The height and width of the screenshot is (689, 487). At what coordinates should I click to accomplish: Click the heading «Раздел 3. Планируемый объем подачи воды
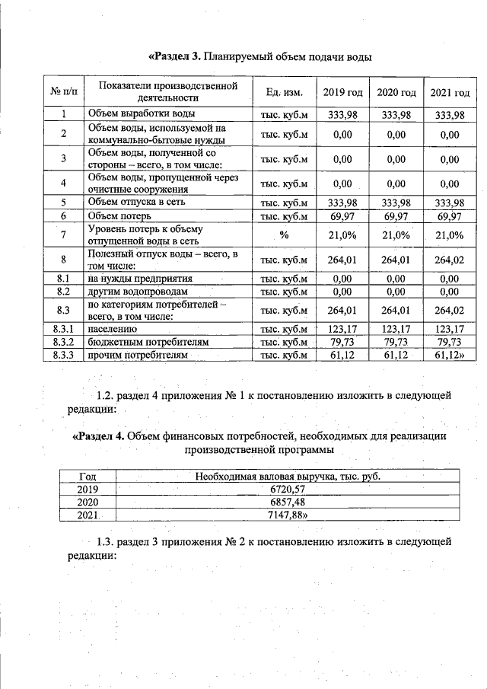[259, 57]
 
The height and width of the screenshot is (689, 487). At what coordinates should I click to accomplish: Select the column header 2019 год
[342, 92]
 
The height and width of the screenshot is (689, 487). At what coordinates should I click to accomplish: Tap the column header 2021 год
[450, 92]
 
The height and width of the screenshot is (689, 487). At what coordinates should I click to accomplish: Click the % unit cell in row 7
[284, 235]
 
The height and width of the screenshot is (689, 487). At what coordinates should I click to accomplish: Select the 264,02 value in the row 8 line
[449, 260]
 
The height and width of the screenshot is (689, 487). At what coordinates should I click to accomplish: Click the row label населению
[113, 330]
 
